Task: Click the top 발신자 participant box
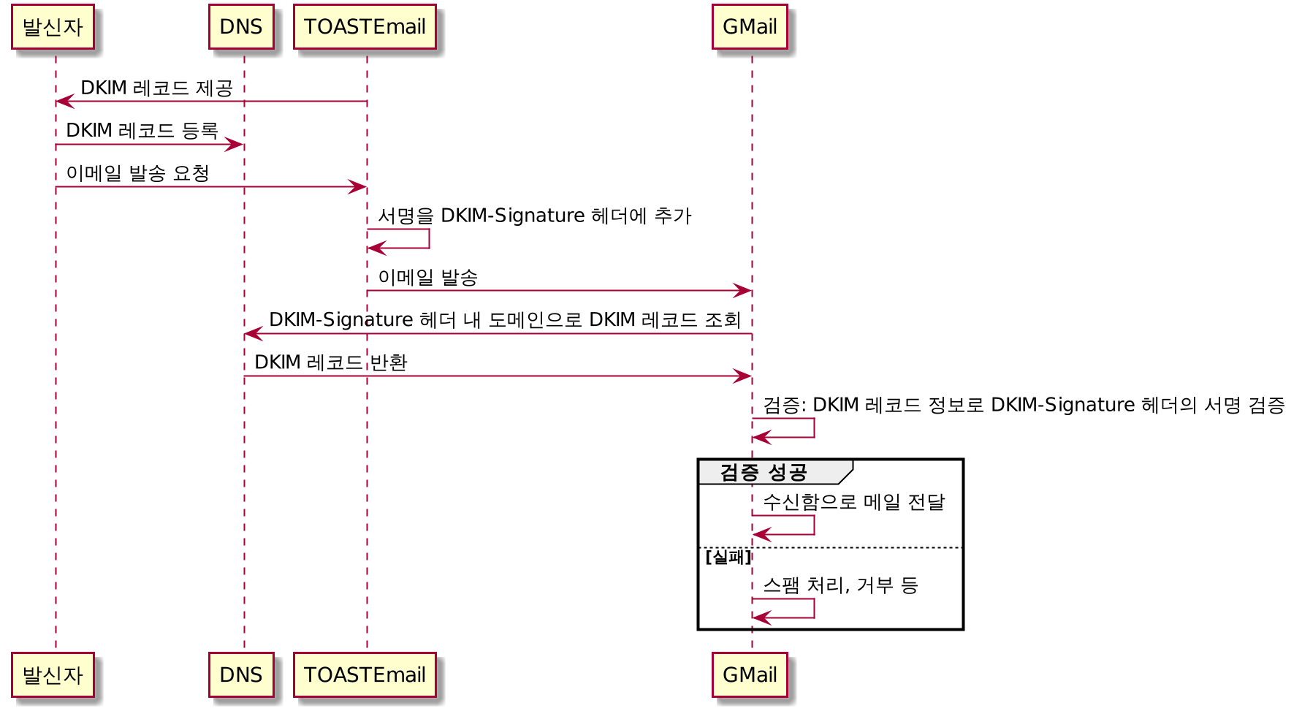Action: tap(53, 27)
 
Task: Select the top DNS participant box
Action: tap(241, 27)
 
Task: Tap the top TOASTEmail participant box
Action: tap(365, 27)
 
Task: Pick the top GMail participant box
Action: tap(750, 27)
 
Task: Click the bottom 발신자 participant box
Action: tap(53, 674)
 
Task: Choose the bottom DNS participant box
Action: tap(241, 674)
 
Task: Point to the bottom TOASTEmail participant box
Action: tap(365, 674)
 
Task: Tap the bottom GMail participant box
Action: tap(750, 674)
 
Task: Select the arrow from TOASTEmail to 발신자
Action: tap(211, 101)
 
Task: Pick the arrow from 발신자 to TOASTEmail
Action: tap(211, 187)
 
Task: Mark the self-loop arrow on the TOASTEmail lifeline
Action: tap(428, 239)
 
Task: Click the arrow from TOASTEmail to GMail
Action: tap(559, 291)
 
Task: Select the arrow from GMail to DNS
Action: tap(498, 333)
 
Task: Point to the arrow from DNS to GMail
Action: tap(498, 376)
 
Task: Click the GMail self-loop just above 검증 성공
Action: tap(813, 428)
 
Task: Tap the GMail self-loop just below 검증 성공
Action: tap(813, 525)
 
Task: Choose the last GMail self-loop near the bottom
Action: tap(813, 609)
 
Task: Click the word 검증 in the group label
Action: tap(739, 473)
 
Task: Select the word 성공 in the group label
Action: tap(788, 473)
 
